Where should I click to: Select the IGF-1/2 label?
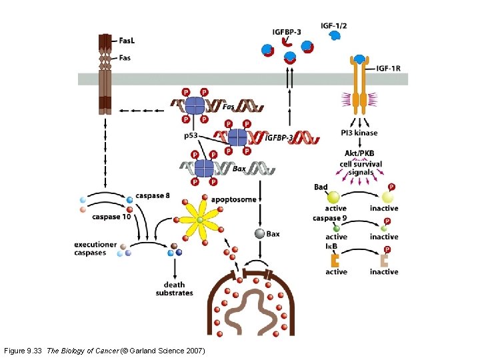(334, 25)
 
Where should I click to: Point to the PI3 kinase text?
(359, 133)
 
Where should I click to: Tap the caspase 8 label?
(152, 196)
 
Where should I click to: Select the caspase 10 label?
(111, 217)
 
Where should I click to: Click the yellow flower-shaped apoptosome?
(199, 221)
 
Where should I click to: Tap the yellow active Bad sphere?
(333, 197)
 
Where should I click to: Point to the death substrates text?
(174, 289)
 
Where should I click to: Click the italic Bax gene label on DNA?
(240, 169)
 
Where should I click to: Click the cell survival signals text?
(360, 168)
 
